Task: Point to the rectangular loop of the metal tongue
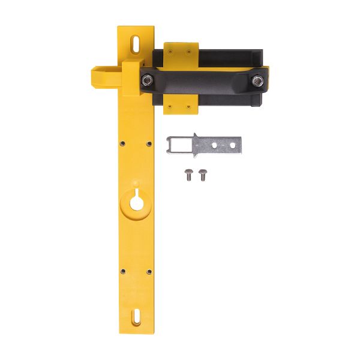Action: pyautogui.click(x=179, y=144)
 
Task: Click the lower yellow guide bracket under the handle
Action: pyautogui.click(x=182, y=105)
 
